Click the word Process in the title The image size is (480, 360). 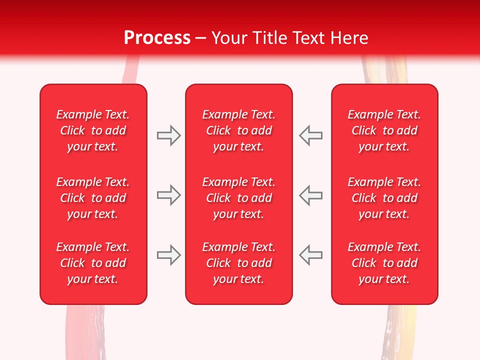(157, 38)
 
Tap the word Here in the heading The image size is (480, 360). (348, 38)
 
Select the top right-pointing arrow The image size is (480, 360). (168, 135)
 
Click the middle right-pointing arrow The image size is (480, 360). (168, 195)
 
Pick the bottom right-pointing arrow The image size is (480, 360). (168, 255)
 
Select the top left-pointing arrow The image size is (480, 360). (310, 135)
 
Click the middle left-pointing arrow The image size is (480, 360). (310, 195)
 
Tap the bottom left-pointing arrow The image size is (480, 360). (310, 255)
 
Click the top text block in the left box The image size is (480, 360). (93, 130)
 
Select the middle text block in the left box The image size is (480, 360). (93, 198)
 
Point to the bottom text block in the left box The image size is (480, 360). (93, 263)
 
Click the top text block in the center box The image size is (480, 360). (238, 130)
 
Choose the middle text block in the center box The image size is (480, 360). (238, 198)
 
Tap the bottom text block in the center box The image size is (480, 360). (238, 263)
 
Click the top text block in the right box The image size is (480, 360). (384, 130)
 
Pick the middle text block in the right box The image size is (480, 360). (384, 198)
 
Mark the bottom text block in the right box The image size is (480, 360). (384, 263)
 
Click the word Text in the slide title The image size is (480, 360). (308, 38)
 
